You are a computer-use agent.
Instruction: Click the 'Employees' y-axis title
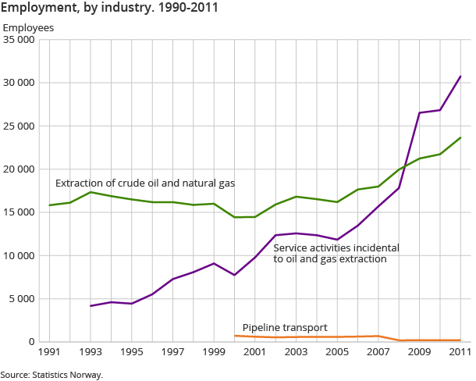click(x=28, y=28)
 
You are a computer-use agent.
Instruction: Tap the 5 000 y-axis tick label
click(x=23, y=298)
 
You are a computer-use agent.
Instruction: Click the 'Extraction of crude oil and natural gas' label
click(x=145, y=183)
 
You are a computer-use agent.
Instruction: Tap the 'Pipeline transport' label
click(x=285, y=327)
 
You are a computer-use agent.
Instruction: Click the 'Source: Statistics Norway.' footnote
click(x=52, y=375)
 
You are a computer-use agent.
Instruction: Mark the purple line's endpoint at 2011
click(x=460, y=77)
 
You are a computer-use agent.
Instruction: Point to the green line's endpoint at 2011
click(x=460, y=137)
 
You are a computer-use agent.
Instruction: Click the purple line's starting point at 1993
click(x=91, y=306)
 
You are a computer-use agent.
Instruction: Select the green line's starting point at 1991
click(x=50, y=205)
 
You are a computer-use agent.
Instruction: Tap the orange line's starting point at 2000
click(x=235, y=336)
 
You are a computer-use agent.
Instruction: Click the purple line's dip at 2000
click(x=235, y=275)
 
